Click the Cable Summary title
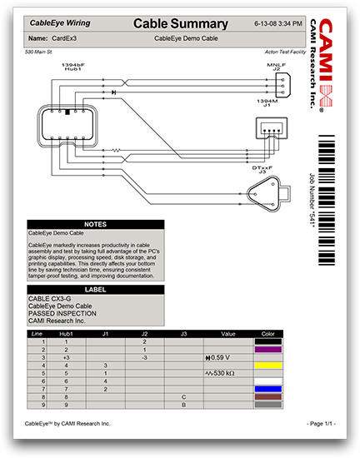coord(181,23)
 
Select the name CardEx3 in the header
coord(65,38)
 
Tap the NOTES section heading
coord(96,224)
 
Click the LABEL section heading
coord(96,290)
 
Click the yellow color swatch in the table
coord(267,366)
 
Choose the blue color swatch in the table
coord(267,389)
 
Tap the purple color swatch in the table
coord(267,350)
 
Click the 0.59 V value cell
coord(220,357)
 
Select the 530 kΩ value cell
coord(220,373)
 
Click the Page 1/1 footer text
coord(321,424)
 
